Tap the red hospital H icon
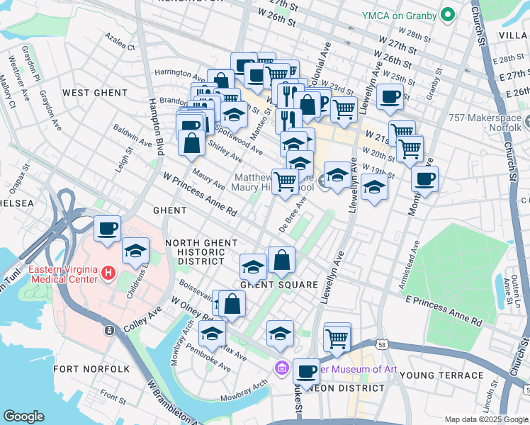[x=108, y=271]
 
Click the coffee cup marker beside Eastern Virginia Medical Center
[x=108, y=228]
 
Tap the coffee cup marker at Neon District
[x=306, y=370]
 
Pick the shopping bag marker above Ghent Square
[x=282, y=260]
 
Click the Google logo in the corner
[x=23, y=416]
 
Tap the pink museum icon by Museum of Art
[x=281, y=368]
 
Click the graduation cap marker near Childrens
[x=135, y=251]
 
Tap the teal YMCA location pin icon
[x=447, y=14]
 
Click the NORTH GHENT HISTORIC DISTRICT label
[x=201, y=252]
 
